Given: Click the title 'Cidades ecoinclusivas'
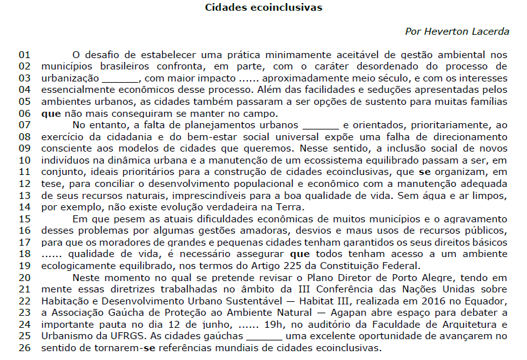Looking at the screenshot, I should tap(264, 8).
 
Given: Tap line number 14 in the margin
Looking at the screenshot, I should tap(25, 207).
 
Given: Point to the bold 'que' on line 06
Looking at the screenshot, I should tap(50, 114).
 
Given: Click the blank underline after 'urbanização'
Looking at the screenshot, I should tap(120, 79).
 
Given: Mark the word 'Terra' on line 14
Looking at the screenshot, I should tap(289, 207).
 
